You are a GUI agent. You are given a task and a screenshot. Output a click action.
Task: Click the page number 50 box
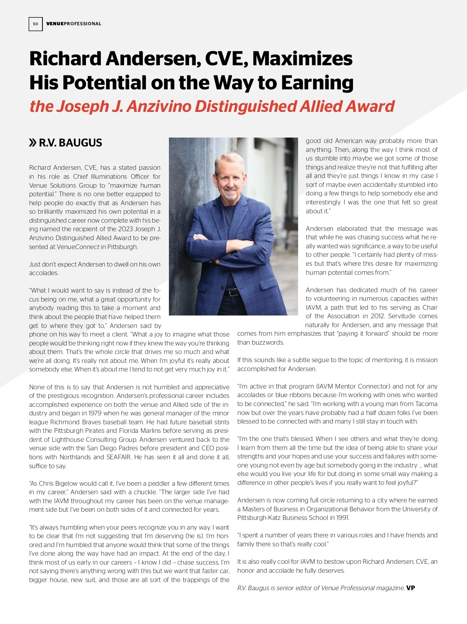click(x=35, y=24)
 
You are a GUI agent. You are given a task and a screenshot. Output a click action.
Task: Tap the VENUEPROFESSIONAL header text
click(x=74, y=24)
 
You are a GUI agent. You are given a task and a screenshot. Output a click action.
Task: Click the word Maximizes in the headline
click(x=302, y=59)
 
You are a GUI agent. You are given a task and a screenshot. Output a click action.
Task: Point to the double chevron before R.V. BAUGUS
click(x=33, y=143)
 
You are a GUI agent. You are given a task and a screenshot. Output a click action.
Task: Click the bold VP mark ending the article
click(x=411, y=588)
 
